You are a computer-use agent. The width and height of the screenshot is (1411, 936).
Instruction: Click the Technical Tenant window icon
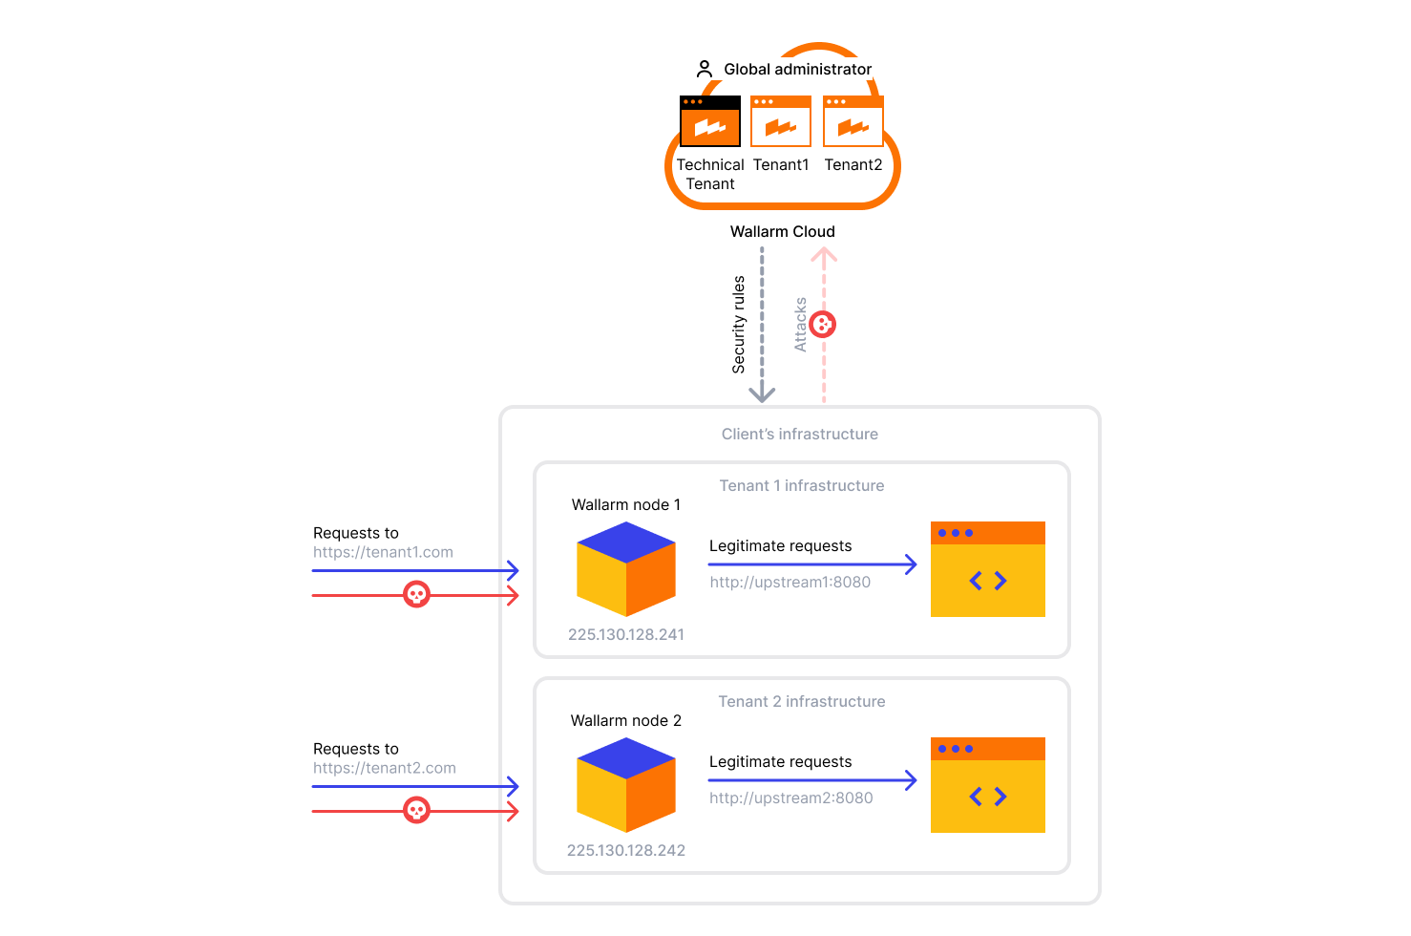pos(709,121)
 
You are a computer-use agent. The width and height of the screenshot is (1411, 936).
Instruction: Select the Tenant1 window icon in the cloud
pos(781,121)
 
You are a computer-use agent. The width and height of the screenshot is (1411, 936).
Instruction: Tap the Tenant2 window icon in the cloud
pos(853,121)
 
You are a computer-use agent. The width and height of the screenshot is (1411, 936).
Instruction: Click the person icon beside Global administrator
pos(705,69)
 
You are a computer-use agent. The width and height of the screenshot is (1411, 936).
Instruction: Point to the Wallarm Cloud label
pos(782,231)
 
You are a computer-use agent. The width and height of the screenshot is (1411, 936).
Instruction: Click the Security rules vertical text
pos(738,325)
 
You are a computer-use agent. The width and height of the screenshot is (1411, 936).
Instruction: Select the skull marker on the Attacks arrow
pos(823,325)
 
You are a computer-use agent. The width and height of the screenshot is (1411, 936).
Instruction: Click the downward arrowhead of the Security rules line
pos(762,394)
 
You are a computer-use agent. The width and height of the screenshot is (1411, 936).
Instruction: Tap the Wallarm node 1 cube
pos(626,569)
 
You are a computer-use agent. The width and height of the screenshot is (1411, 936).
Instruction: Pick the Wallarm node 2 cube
pos(626,785)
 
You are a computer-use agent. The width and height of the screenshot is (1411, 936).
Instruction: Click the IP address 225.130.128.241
pos(626,634)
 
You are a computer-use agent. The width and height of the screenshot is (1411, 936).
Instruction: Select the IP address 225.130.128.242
pos(626,850)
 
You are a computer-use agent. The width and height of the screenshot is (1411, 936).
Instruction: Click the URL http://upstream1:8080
pos(790,582)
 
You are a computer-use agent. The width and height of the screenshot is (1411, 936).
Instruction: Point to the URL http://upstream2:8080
pos(790,798)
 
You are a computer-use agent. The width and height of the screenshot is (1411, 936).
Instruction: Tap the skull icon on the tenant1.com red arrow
pos(416,595)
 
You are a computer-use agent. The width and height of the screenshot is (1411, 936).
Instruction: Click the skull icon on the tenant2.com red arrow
pos(416,811)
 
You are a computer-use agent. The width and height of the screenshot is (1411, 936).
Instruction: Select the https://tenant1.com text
pos(383,552)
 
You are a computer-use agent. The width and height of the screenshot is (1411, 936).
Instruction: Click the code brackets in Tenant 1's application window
pos(988,581)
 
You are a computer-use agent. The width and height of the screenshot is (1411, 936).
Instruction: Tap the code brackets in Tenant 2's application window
pos(988,797)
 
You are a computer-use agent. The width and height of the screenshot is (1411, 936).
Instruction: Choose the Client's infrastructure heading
pos(799,434)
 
